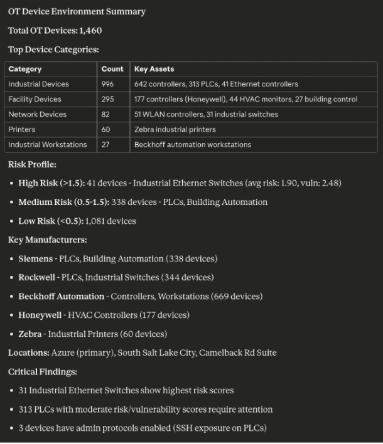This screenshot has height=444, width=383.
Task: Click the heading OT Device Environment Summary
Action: tap(77, 11)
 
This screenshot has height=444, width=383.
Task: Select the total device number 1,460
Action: tap(90, 30)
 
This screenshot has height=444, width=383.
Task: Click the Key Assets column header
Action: tap(154, 69)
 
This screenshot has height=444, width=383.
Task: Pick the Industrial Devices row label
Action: tap(38, 84)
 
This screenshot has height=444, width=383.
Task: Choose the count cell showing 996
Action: tap(107, 84)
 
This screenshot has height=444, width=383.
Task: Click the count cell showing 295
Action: tap(107, 99)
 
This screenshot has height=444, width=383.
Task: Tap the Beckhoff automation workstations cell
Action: tap(192, 144)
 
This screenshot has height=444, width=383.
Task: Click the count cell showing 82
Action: tap(105, 114)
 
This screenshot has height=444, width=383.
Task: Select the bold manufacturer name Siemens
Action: tap(35, 258)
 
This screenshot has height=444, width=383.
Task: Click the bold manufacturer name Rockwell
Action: tap(37, 277)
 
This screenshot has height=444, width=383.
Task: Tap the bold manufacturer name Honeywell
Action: tap(40, 315)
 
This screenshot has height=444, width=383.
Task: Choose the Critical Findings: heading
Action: tap(42, 371)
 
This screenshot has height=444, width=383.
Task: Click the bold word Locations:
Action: tap(28, 352)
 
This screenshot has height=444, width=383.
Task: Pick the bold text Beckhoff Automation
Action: tap(61, 296)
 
